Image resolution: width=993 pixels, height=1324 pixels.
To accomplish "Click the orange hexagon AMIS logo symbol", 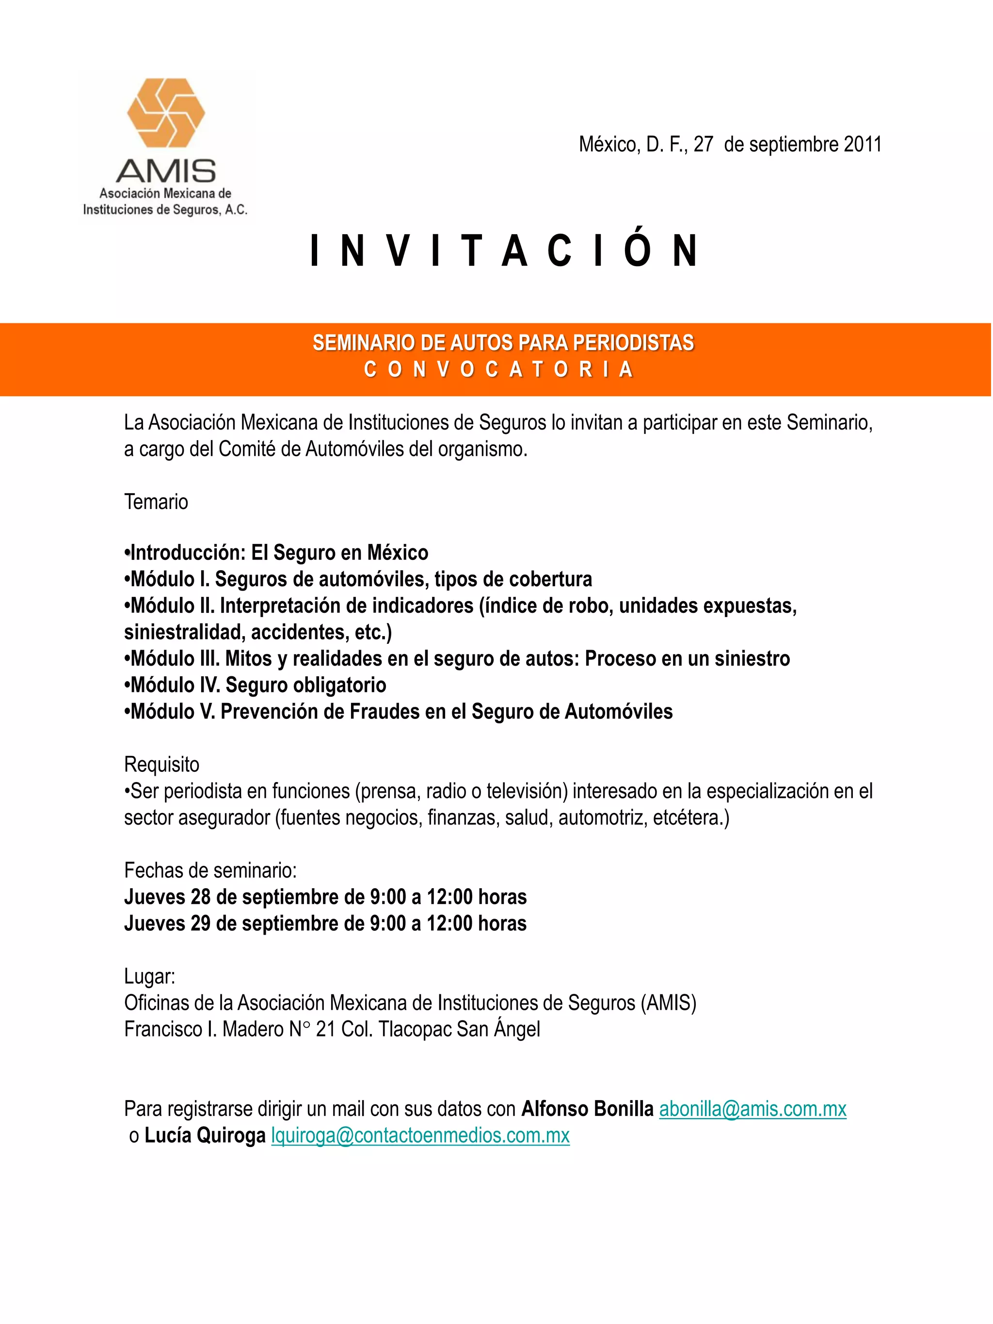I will [166, 113].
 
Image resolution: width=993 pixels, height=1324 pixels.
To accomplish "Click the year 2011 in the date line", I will [863, 144].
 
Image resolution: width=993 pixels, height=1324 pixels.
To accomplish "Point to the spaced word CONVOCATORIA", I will [498, 369].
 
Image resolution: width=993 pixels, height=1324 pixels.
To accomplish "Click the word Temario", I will [156, 502].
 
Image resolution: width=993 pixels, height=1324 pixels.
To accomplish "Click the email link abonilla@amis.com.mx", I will [753, 1109].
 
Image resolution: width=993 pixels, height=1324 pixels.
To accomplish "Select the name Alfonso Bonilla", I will [587, 1109].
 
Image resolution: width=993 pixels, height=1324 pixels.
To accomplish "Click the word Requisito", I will [161, 765].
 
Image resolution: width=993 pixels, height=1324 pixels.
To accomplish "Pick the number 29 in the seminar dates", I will [201, 923].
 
